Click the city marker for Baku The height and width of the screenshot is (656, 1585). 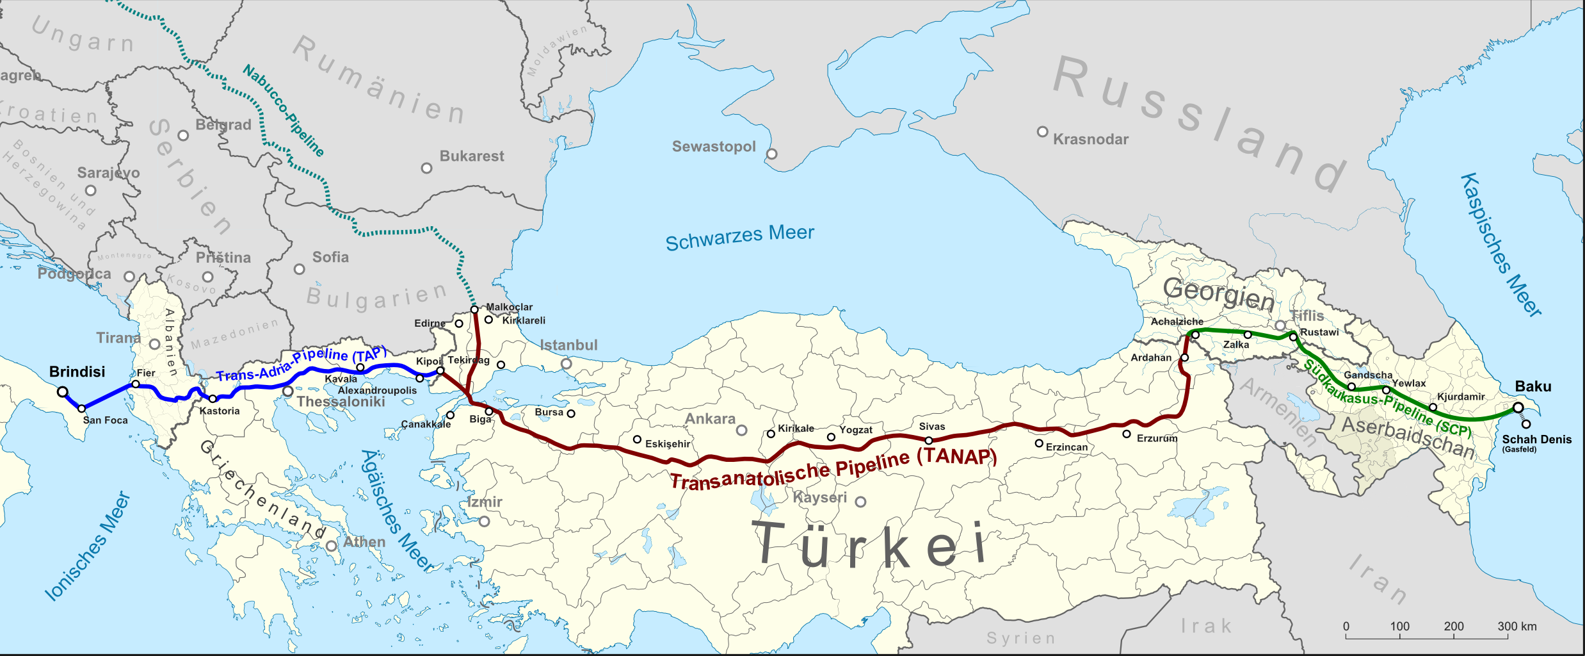coord(1518,407)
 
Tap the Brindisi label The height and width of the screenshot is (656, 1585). coord(77,372)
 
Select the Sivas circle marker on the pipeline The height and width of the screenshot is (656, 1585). coord(929,440)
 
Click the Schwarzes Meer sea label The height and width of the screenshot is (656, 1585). coord(739,238)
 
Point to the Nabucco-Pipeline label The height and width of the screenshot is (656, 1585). coord(283,110)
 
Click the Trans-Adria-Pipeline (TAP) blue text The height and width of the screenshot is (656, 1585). coord(302,364)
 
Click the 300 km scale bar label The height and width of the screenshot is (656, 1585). coord(1517,626)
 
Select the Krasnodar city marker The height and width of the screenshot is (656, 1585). coord(1042,132)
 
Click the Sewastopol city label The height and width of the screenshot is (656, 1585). coord(714,147)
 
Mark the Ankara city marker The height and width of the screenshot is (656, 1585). coord(741,430)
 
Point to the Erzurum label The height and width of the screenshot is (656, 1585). coord(1157,438)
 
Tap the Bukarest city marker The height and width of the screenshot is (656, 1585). coord(426,168)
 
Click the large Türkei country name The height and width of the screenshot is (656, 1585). coord(870,545)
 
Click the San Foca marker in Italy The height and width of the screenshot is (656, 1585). coord(81,409)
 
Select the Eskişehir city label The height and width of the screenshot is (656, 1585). coord(668,444)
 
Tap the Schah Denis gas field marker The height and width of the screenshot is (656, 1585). coord(1526,424)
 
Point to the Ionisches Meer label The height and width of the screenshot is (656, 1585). coord(88,546)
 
